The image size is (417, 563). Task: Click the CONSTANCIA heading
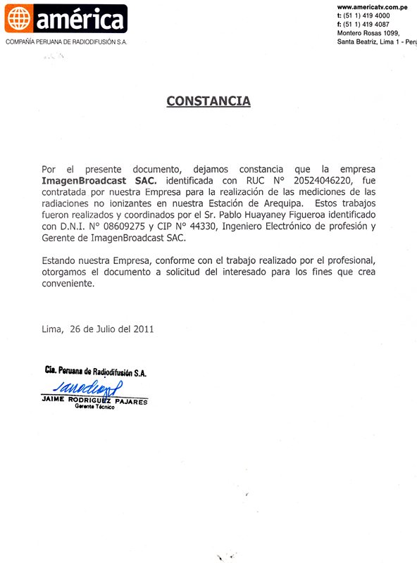point(208,101)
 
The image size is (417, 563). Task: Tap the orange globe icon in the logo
point(18,19)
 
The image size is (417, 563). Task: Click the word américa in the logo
point(78,20)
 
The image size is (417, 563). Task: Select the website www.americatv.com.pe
point(373,6)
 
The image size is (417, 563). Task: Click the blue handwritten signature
point(88,386)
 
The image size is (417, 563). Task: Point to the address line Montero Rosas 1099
point(368,34)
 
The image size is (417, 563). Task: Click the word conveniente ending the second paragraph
point(68,283)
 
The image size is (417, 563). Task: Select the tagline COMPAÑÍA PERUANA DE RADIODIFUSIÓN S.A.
point(66,42)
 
